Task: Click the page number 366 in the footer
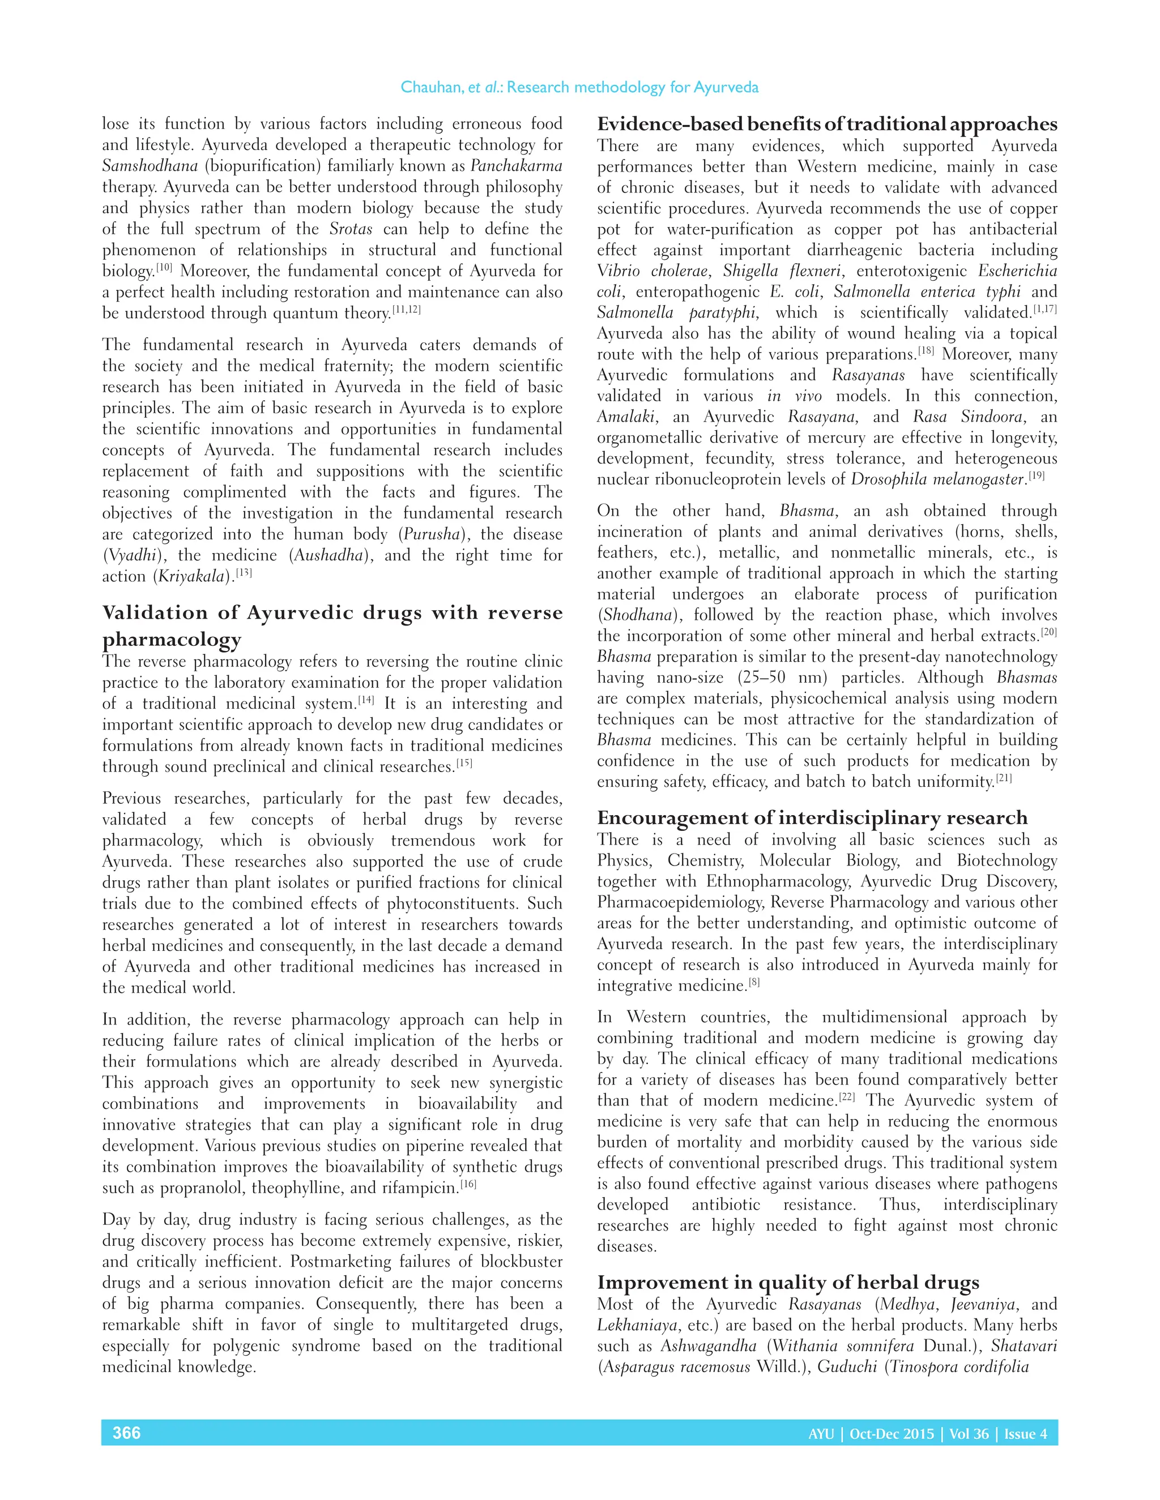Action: click(x=126, y=1432)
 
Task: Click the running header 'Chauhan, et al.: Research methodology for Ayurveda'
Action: click(x=579, y=87)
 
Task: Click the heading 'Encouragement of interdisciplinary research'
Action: click(x=812, y=817)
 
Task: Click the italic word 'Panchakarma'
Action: click(x=516, y=165)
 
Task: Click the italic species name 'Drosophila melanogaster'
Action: click(x=937, y=479)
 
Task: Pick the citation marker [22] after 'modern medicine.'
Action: click(x=847, y=1097)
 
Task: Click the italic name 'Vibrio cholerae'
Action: click(x=652, y=271)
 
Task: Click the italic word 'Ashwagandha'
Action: click(x=709, y=1345)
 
